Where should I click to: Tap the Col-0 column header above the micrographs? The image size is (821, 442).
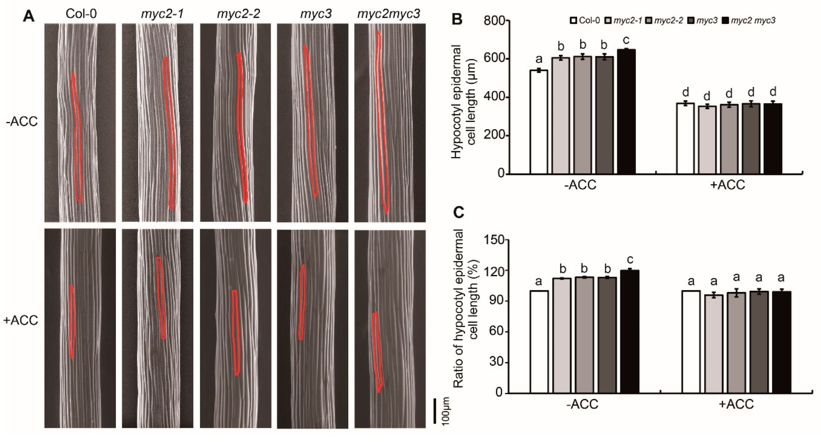81,14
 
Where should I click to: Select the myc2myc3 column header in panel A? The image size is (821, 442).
388,14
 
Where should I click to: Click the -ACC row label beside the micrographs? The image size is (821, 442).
21,122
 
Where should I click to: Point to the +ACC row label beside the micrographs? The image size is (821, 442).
20,320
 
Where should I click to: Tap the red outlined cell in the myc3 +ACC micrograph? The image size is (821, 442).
302,302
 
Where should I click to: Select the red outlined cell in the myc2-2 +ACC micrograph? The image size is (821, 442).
235,333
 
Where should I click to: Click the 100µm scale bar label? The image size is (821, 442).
446,411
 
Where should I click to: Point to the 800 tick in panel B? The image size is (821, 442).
494,21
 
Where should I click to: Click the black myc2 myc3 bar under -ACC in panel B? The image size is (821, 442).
626,111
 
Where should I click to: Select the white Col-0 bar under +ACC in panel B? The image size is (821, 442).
686,138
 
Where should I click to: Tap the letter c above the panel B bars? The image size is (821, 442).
626,40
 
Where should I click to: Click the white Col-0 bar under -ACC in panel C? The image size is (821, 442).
539,342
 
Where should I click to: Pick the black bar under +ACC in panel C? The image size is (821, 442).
782,342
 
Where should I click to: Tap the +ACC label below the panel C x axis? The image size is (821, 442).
736,404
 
